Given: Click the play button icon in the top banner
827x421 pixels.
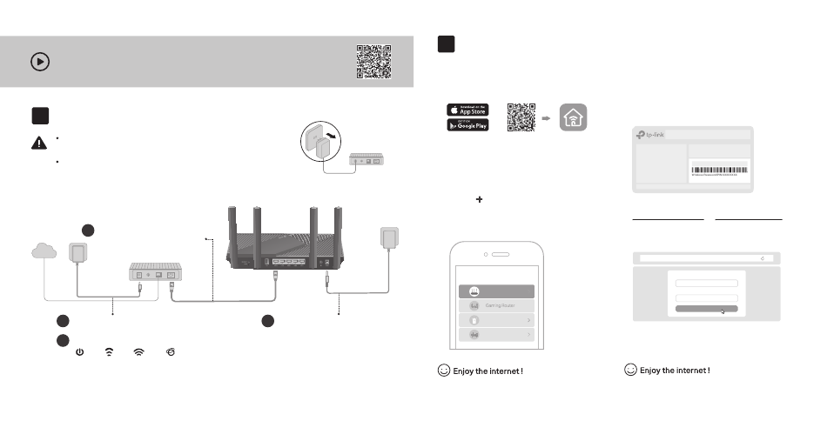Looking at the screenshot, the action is (x=40, y=61).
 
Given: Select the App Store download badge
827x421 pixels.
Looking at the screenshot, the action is (x=468, y=110).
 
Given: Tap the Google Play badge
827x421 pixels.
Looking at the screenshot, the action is (x=468, y=124).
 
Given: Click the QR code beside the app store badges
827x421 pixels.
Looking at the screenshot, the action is (x=521, y=117).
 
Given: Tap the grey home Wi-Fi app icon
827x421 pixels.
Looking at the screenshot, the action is (x=573, y=117).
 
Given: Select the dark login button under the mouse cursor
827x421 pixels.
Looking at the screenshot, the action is (x=706, y=309).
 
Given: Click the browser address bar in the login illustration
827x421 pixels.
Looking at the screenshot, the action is (x=706, y=257).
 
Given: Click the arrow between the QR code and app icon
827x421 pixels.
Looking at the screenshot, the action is (x=547, y=117).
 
